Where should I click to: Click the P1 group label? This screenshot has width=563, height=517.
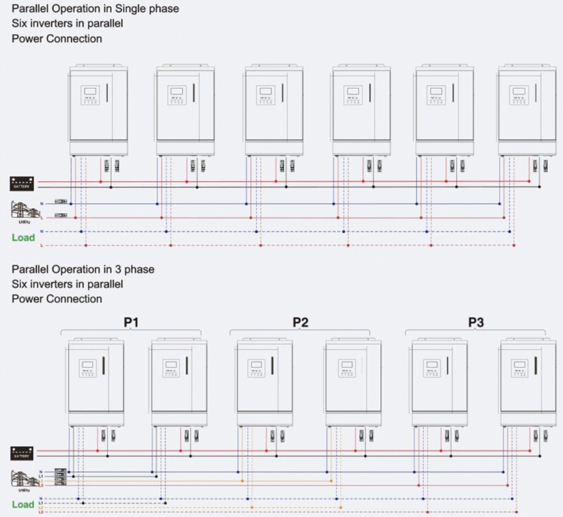click(x=131, y=322)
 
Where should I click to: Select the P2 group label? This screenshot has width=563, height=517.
click(x=301, y=322)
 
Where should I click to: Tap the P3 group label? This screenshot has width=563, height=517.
click(x=476, y=322)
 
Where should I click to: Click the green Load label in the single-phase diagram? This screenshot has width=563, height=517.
click(x=23, y=237)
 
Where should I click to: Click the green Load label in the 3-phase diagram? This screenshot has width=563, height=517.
click(x=23, y=505)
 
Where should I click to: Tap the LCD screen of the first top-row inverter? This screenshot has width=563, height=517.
click(x=89, y=91)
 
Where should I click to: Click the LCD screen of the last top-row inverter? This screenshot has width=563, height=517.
click(x=518, y=91)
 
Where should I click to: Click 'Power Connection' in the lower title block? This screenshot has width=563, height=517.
click(x=57, y=299)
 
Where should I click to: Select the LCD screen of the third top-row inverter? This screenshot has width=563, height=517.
click(x=265, y=91)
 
